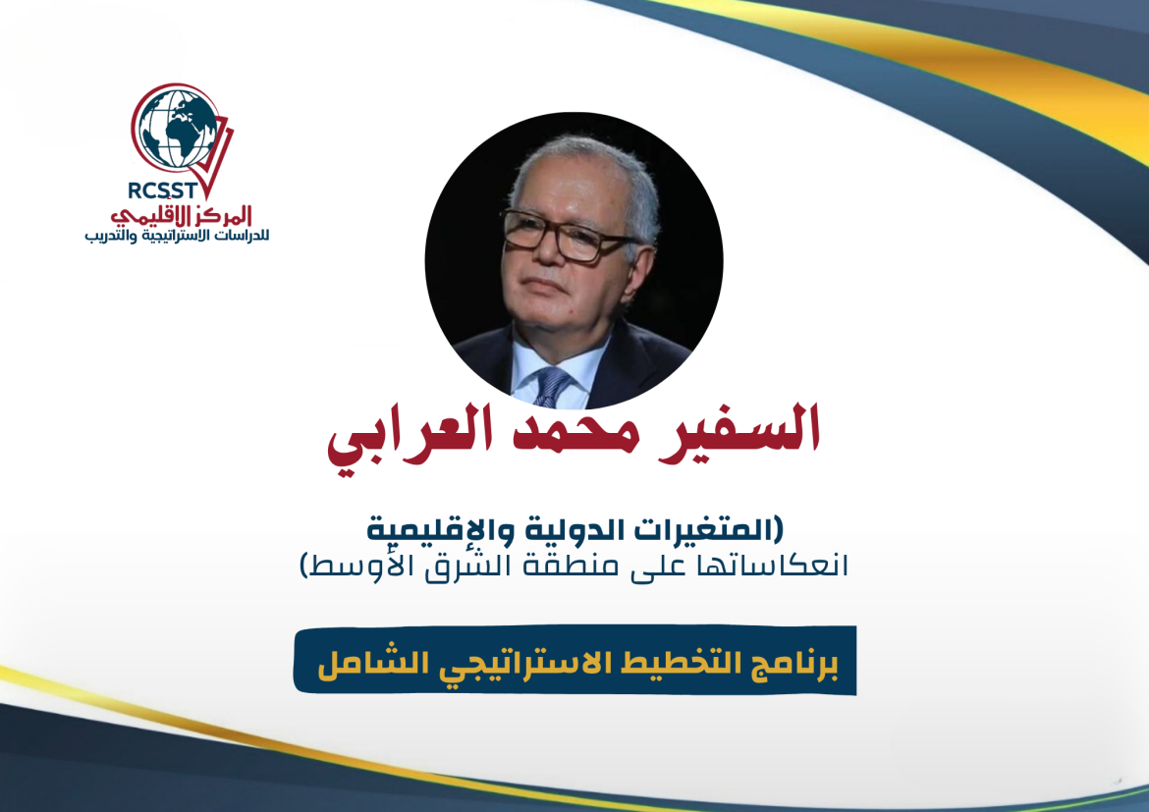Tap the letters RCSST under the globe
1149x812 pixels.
(163, 190)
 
